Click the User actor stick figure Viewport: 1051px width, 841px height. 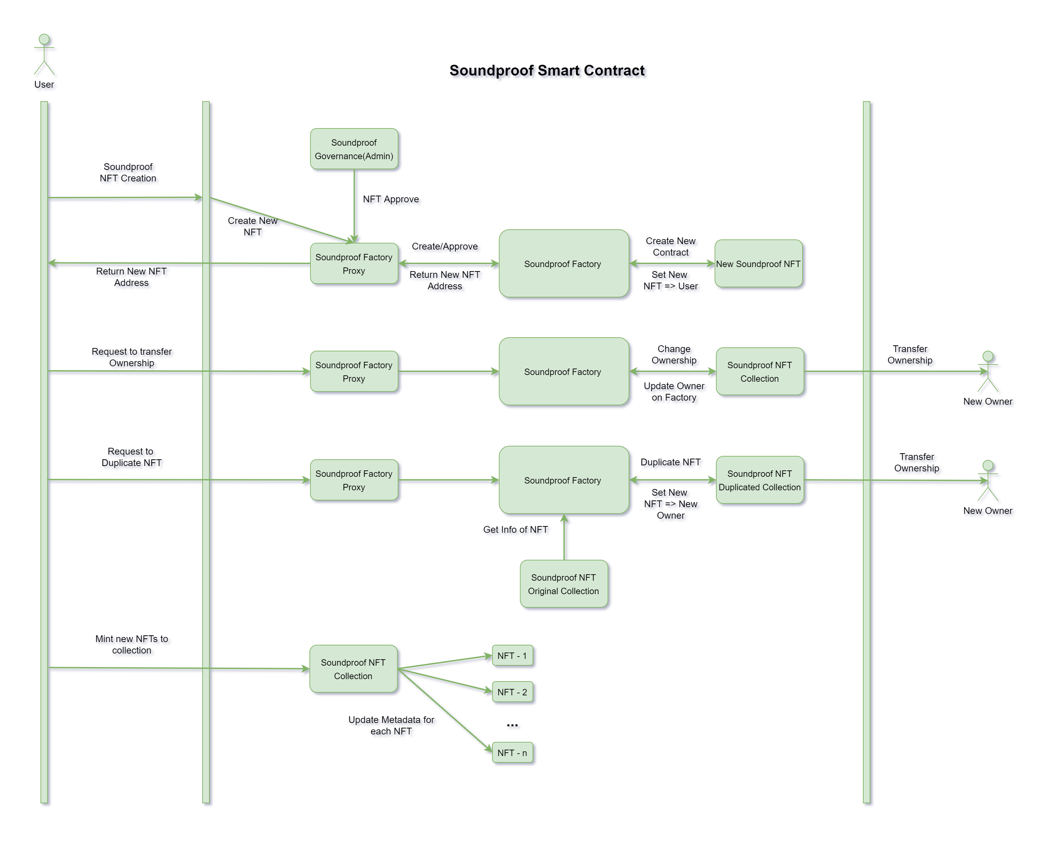coord(44,55)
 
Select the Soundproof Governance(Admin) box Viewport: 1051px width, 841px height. coord(354,149)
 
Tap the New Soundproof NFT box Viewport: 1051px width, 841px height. coord(758,264)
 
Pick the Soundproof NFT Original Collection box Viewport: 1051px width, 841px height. coord(564,584)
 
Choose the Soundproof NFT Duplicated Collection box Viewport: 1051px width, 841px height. coord(759,480)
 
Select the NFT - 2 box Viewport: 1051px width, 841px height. coord(512,692)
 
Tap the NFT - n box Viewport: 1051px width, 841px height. coord(512,753)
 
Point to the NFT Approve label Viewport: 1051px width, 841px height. coord(390,199)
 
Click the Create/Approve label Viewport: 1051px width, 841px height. coord(445,246)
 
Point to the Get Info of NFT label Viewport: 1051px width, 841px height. coord(515,529)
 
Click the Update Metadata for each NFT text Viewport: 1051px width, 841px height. coord(391,725)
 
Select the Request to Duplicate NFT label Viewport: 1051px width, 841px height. coord(131,457)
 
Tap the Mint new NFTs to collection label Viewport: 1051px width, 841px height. coord(131,644)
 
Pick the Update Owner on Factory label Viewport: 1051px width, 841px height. coord(674,391)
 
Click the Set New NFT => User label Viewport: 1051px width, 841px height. coord(670,280)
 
